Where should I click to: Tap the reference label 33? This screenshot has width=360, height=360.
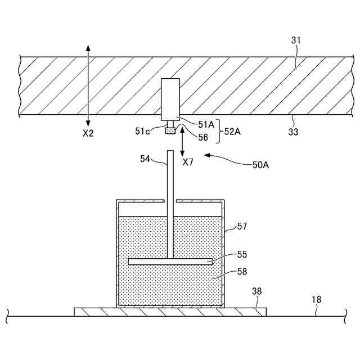coord(293,132)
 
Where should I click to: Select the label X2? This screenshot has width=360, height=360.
coord(88,134)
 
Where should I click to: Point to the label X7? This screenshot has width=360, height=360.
coord(188,162)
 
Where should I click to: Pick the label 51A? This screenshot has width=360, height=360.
coord(206,124)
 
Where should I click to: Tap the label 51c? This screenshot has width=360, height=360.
coord(143,131)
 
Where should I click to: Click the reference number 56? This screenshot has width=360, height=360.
coord(202,137)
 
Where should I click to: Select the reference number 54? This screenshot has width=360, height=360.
coord(146,159)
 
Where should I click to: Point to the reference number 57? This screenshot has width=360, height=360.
coord(242,226)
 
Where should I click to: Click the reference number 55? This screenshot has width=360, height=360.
coord(242,255)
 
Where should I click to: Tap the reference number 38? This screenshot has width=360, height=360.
coord(256,291)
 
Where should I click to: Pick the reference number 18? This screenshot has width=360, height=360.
coord(317,300)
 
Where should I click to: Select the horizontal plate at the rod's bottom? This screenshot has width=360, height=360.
coord(170,262)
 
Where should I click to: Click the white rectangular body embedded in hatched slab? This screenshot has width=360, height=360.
coord(170,99)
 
